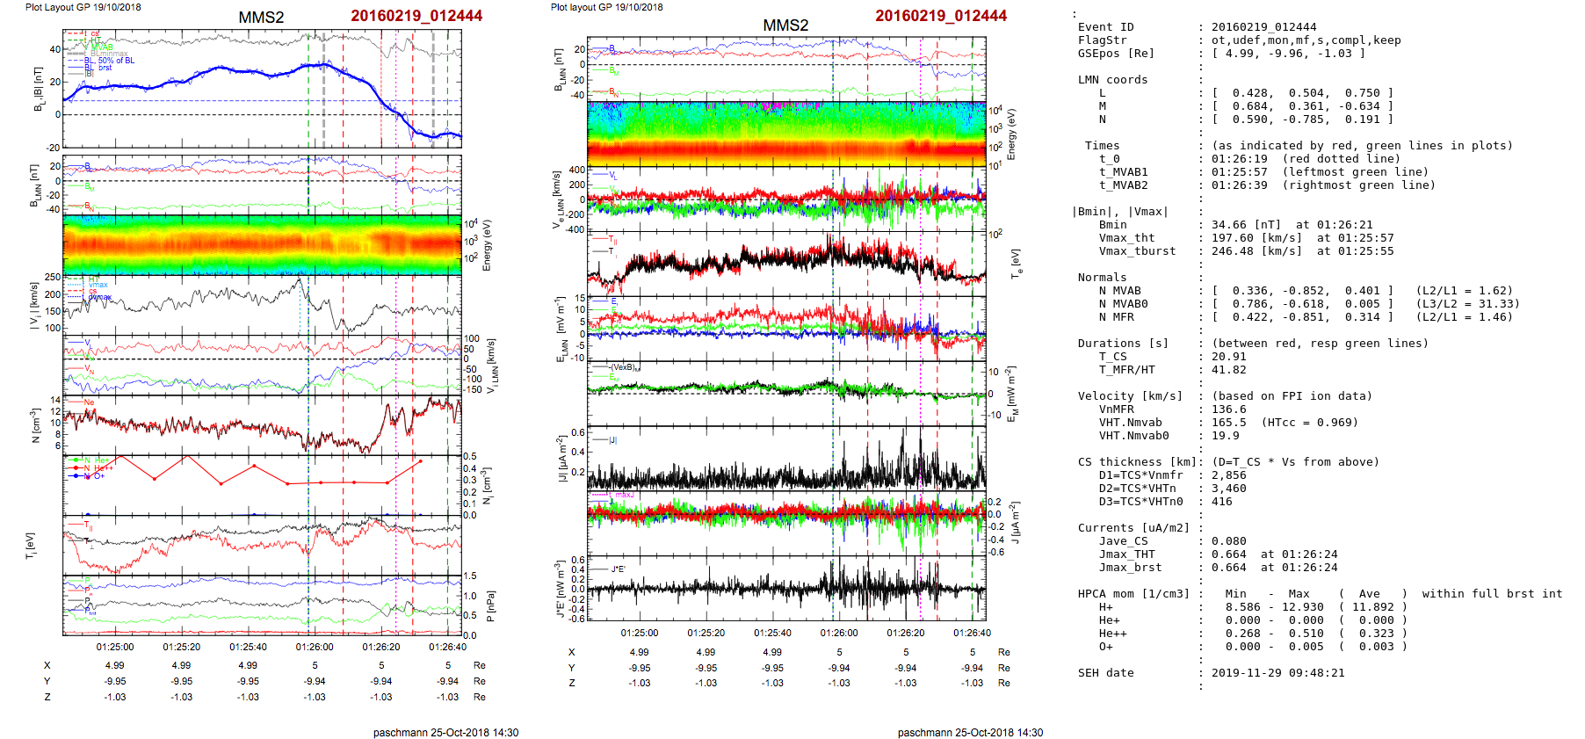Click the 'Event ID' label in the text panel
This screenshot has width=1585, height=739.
click(1105, 27)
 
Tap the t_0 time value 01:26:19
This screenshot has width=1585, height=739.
click(1239, 159)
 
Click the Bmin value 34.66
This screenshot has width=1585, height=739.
click(1228, 225)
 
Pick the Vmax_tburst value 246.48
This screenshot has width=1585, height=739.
click(1232, 251)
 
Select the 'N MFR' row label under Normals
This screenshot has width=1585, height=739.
click(1116, 317)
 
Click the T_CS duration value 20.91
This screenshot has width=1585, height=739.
click(1228, 357)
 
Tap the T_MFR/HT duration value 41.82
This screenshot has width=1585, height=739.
click(1228, 370)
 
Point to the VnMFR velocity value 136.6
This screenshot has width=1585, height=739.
click(1228, 409)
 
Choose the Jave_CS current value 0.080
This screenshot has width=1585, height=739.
click(1228, 541)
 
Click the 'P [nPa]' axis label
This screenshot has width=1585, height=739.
click(490, 606)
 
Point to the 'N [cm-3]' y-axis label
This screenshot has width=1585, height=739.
click(36, 425)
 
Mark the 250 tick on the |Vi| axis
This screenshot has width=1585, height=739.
click(53, 278)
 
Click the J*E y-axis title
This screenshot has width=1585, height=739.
click(559, 589)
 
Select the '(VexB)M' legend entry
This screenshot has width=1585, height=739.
click(626, 367)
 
